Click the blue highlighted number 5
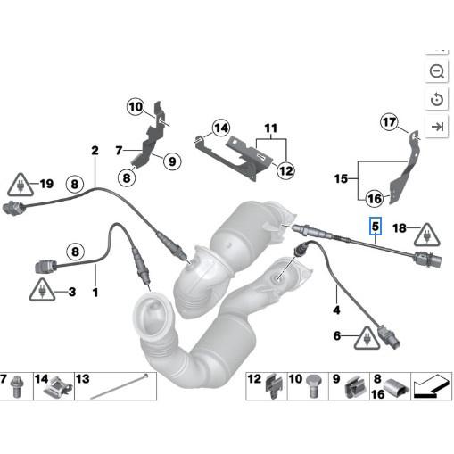(376, 227)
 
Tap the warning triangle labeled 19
(18, 186)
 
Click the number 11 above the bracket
(271, 128)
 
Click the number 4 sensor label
(337, 310)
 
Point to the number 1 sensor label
(95, 292)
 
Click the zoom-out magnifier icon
(437, 71)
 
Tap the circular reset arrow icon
(437, 99)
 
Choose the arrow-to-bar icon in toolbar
(437, 128)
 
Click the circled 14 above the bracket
(220, 128)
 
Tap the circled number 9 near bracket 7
(172, 161)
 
